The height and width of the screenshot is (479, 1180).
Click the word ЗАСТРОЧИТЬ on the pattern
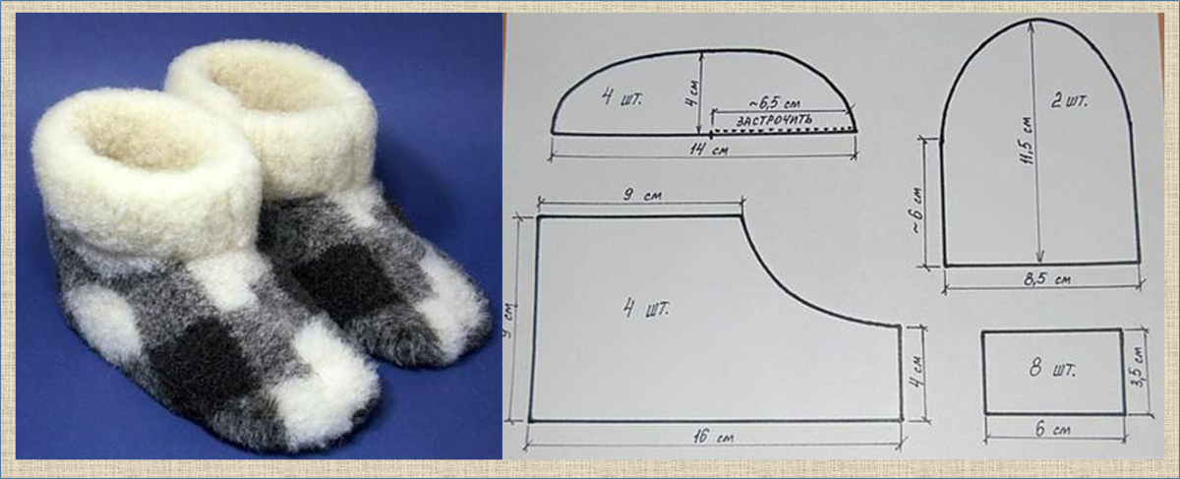pyautogui.click(x=774, y=120)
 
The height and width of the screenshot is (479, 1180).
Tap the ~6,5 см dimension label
pyautogui.click(x=775, y=102)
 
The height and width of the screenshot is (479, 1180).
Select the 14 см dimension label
pyautogui.click(x=709, y=150)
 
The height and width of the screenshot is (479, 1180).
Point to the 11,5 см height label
pyautogui.click(x=1029, y=141)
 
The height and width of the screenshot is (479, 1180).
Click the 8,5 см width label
pyautogui.click(x=1047, y=278)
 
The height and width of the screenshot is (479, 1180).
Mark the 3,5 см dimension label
pyautogui.click(x=1139, y=367)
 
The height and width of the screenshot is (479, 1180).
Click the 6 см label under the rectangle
pyautogui.click(x=1052, y=430)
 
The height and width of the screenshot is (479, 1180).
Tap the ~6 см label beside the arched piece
pyautogui.click(x=917, y=210)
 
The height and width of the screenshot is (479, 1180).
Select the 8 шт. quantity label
pyautogui.click(x=1052, y=370)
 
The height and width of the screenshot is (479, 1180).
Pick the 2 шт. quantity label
pyautogui.click(x=1069, y=101)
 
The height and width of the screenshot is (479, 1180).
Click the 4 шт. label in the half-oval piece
pyautogui.click(x=621, y=98)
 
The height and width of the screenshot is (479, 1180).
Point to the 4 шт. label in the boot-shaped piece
pyautogui.click(x=645, y=308)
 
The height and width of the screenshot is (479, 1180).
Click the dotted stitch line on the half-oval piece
pyautogui.click(x=784, y=130)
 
